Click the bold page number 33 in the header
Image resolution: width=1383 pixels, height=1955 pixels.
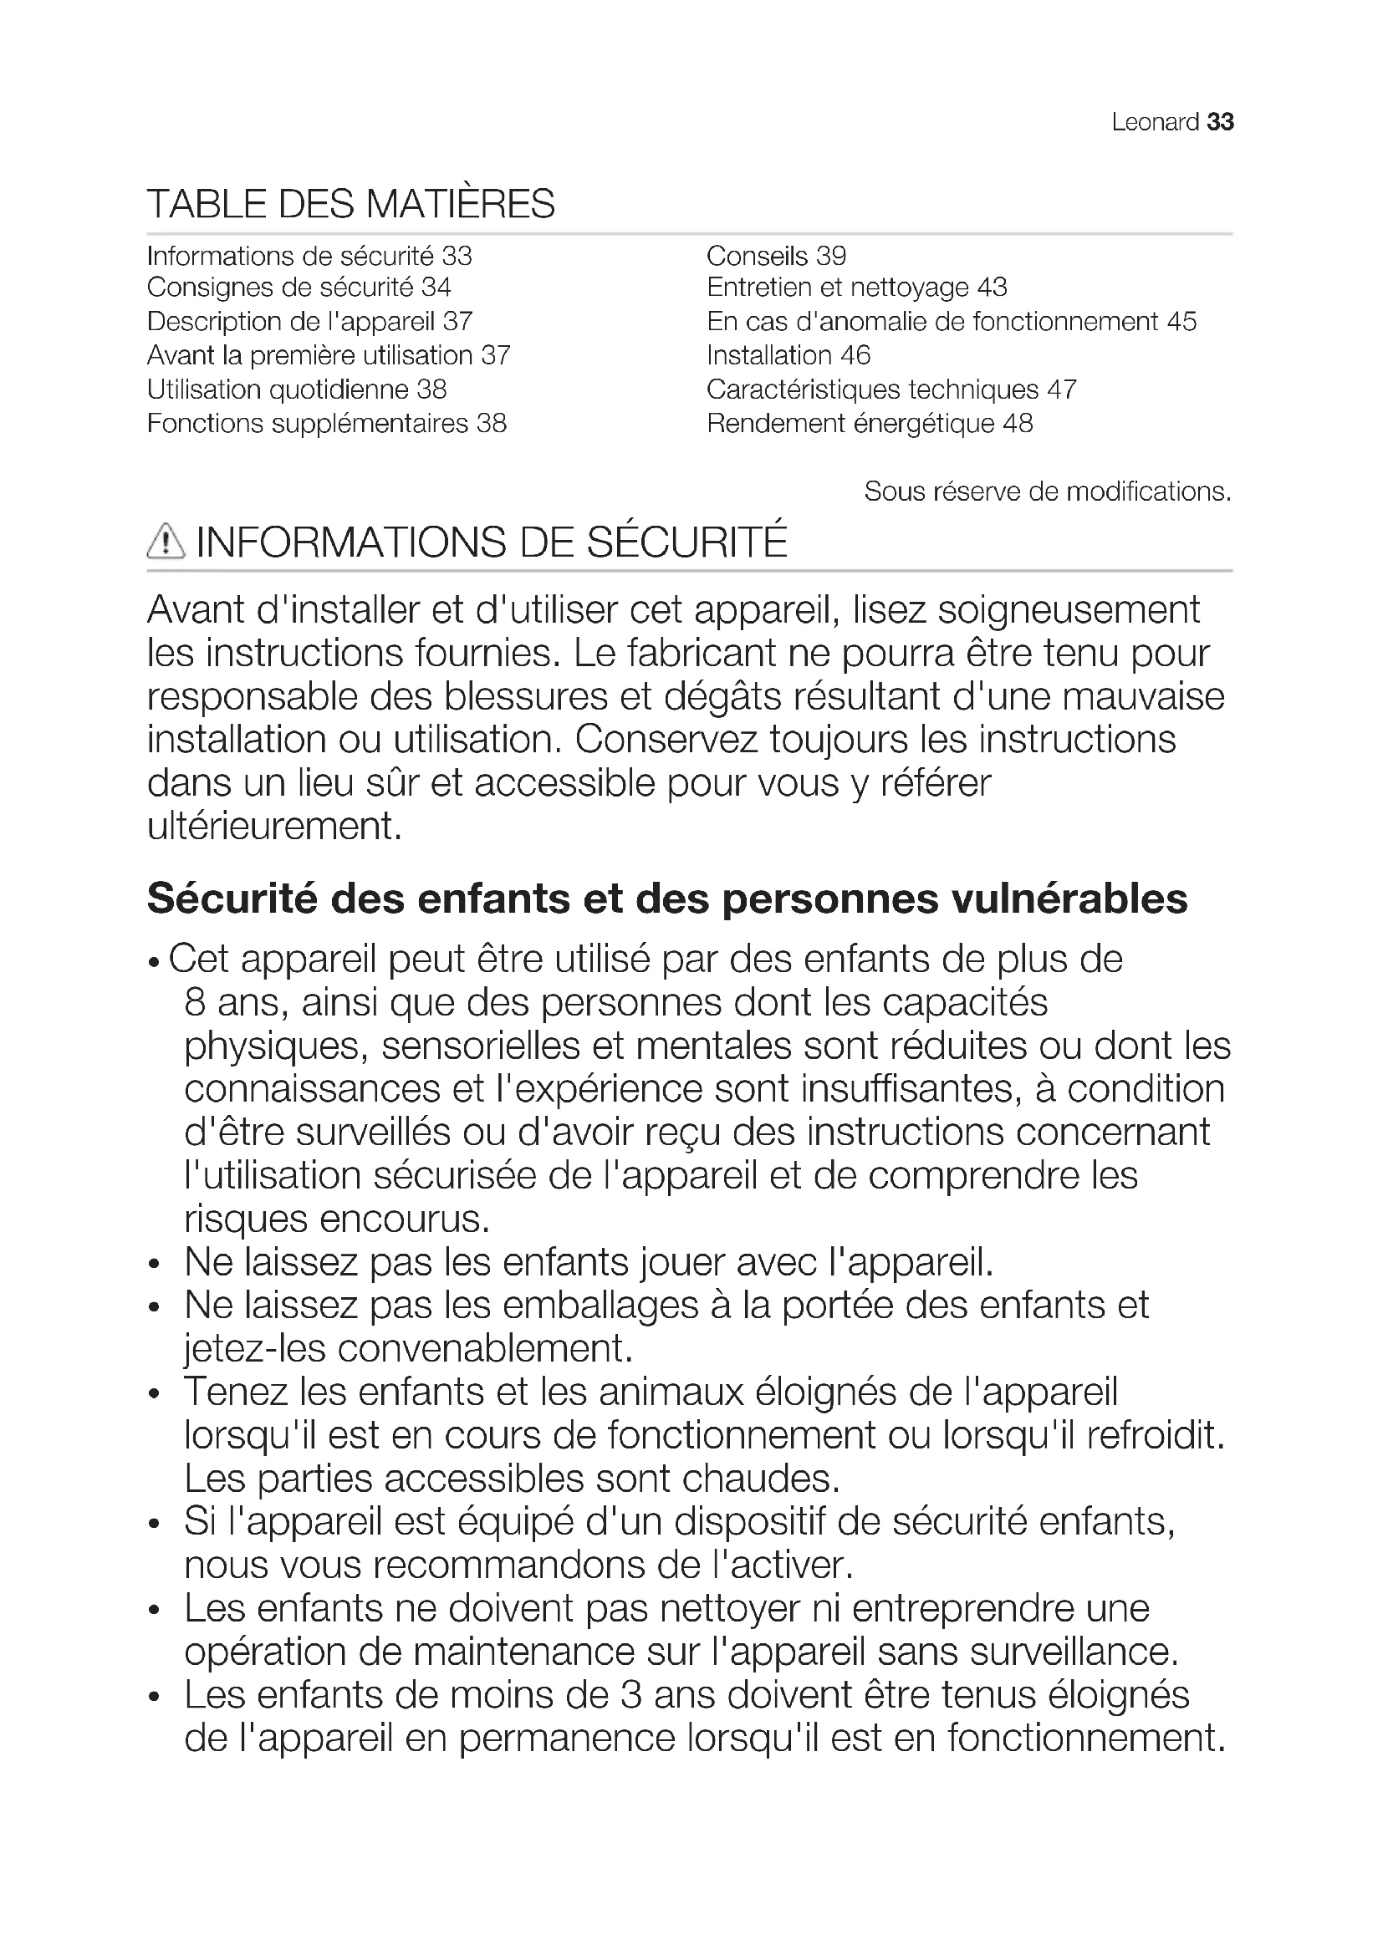[1220, 123]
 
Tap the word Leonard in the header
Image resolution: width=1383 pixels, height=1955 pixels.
[1155, 123]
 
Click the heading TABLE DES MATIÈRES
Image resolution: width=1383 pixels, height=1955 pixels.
[351, 204]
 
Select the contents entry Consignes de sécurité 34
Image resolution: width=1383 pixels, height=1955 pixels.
[299, 288]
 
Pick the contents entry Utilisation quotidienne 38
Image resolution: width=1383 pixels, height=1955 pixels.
[296, 390]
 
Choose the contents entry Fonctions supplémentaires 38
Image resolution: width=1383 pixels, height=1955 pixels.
[326, 423]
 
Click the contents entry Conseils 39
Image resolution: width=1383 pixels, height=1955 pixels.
[776, 256]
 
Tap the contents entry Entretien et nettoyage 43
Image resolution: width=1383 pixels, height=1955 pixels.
[856, 288]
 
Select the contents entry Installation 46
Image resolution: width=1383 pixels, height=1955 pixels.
[788, 355]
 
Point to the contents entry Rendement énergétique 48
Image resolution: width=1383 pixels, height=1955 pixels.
[870, 423]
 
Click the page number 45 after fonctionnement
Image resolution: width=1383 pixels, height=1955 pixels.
[1181, 322]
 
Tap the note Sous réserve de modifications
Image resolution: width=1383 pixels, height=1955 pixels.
[1048, 491]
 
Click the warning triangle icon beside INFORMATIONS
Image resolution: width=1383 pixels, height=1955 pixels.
[166, 542]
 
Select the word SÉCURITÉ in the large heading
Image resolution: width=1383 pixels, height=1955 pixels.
[687, 542]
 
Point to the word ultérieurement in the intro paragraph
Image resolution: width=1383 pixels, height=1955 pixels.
[274, 826]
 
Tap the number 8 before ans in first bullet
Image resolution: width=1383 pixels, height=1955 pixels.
[195, 1003]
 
